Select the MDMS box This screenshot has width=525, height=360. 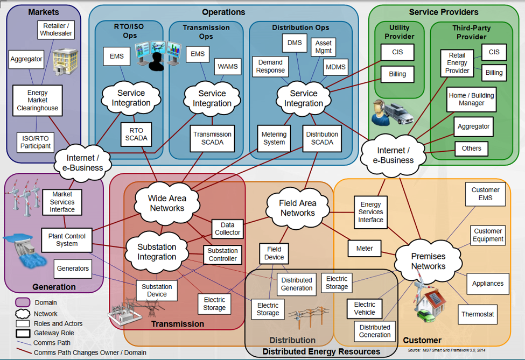point(335,67)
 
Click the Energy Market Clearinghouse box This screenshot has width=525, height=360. point(37,101)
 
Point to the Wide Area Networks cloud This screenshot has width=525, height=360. point(167,203)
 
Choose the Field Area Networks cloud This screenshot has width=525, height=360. point(297,208)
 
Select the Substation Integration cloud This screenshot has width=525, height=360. point(157,252)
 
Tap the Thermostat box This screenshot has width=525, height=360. point(477,314)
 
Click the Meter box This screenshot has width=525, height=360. point(365,249)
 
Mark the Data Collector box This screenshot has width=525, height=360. point(227,228)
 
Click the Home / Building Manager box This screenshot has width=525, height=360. point(471,100)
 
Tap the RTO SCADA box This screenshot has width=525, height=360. point(136,134)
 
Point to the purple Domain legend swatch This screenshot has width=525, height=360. point(23,302)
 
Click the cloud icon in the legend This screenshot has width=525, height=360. point(23,313)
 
